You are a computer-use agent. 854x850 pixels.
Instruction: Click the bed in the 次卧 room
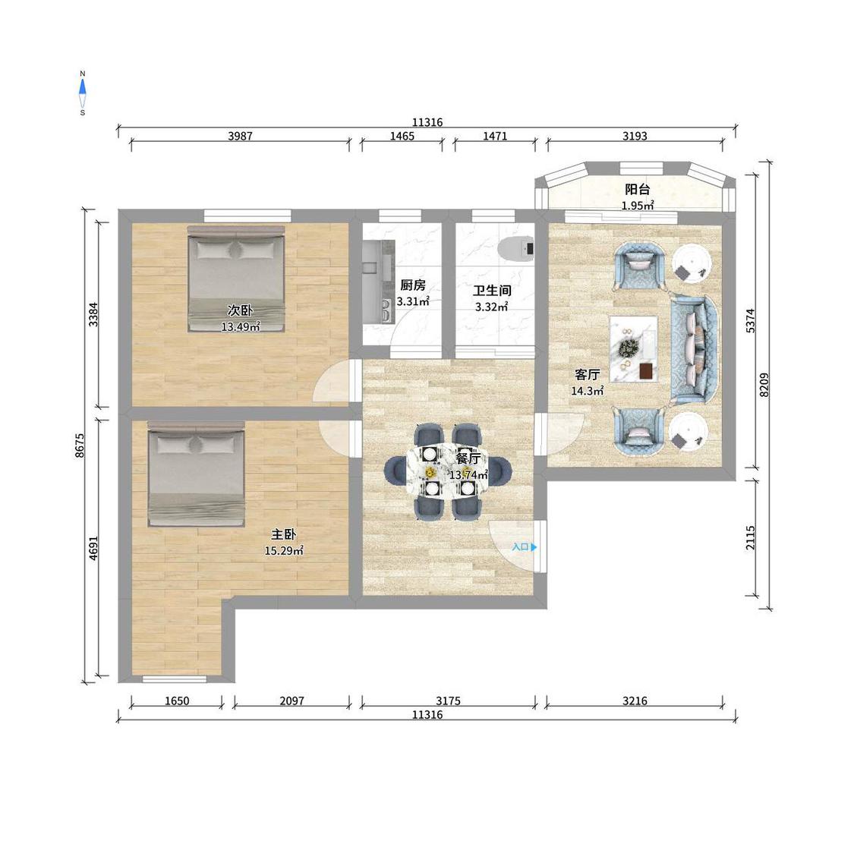point(236,279)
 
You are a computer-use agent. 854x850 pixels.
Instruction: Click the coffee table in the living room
point(633,349)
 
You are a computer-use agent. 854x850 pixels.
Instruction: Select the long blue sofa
point(695,349)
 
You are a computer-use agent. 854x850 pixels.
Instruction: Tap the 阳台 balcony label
point(637,190)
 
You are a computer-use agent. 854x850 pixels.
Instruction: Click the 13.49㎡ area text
point(241,326)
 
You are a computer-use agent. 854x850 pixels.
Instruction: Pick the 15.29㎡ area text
point(284,550)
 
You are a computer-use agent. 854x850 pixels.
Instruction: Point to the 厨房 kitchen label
point(412,285)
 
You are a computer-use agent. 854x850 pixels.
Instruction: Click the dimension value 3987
point(240,136)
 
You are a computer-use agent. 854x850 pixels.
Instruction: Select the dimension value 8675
point(80,445)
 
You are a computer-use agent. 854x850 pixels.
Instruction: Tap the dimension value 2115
point(751,537)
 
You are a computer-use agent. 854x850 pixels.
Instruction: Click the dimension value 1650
point(177,700)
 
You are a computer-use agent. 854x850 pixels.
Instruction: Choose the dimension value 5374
point(751,321)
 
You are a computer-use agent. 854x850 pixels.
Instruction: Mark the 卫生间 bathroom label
point(492,290)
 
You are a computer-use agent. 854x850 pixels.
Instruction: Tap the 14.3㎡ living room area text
point(587,390)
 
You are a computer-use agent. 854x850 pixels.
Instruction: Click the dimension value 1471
point(495,136)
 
